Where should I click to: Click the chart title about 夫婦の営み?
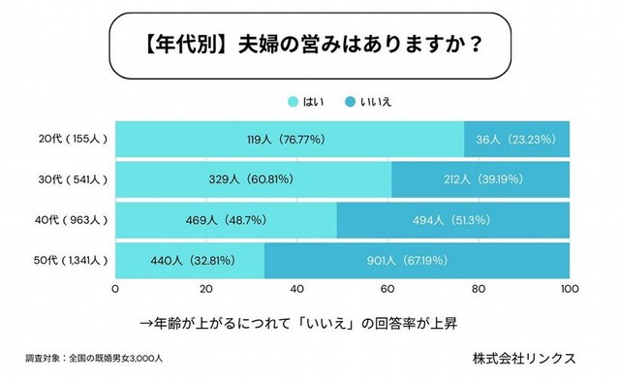click(310, 46)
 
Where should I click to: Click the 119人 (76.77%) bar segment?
click(290, 139)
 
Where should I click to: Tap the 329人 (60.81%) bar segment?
click(253, 179)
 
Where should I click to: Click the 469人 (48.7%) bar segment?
click(226, 220)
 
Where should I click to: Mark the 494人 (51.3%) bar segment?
click(453, 220)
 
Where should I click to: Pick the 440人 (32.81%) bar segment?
click(190, 261)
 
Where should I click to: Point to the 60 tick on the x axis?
click(388, 289)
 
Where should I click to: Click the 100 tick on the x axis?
click(569, 289)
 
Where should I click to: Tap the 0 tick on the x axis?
click(116, 289)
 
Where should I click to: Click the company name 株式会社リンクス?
click(524, 358)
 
